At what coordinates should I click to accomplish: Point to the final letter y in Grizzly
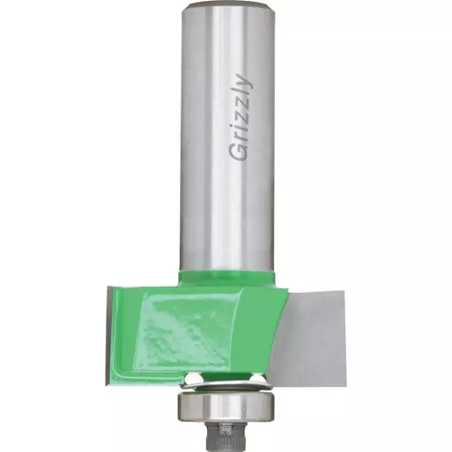[243, 80]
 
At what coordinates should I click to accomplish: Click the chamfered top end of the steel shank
[228, 5]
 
